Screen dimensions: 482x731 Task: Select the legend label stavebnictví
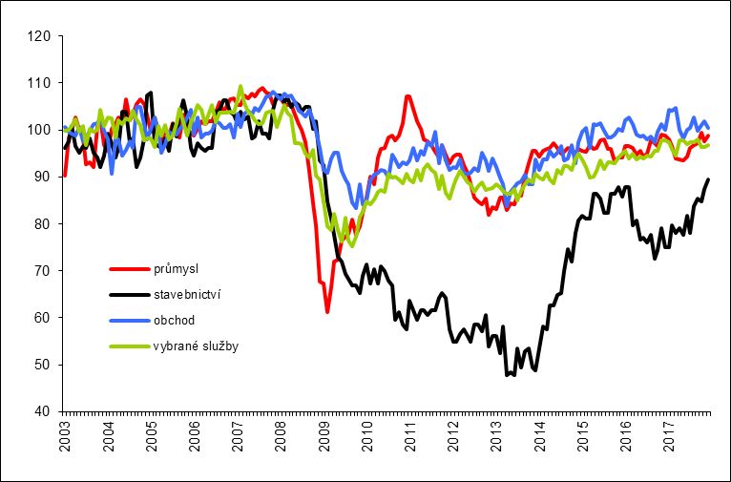[x=186, y=295]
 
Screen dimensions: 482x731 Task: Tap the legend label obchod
[x=171, y=320]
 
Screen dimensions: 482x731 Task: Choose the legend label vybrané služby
[x=195, y=346]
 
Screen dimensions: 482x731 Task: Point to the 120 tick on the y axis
[x=38, y=37]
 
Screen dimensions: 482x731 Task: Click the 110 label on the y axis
[x=38, y=84]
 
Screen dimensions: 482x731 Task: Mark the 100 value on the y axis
[x=38, y=131]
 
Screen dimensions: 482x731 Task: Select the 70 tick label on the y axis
[x=41, y=271]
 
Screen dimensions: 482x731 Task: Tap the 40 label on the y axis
[x=41, y=411]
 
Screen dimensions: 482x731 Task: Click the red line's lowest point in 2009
[x=327, y=312]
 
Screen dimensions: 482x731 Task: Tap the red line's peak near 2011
[x=407, y=95]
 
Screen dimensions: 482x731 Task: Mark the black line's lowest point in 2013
[x=508, y=375]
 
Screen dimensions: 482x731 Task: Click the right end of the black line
[x=709, y=179]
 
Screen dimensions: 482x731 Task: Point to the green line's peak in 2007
[x=240, y=86]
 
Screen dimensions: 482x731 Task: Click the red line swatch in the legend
[x=128, y=269]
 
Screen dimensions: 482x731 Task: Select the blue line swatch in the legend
[x=128, y=320]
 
